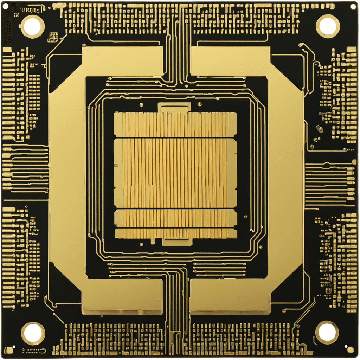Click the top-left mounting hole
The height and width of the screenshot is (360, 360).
[x=32, y=26]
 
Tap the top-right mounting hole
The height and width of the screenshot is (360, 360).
[x=328, y=26]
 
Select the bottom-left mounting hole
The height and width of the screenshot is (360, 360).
[x=33, y=333]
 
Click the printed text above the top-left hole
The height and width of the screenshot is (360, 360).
[x=31, y=10]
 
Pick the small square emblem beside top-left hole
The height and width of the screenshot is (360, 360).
[x=53, y=37]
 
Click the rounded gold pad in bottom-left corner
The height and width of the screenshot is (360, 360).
[x=9, y=350]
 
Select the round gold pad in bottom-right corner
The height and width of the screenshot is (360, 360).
[x=350, y=349]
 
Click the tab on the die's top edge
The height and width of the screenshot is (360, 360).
[x=174, y=107]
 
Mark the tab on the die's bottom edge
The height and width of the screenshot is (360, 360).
[x=177, y=242]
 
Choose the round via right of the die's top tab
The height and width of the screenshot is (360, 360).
[x=199, y=104]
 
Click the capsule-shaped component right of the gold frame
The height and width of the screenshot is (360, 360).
[x=320, y=129]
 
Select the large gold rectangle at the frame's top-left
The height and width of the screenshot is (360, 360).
[x=123, y=61]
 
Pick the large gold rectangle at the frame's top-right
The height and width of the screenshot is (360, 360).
[x=230, y=61]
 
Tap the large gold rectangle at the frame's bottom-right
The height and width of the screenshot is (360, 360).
[x=230, y=295]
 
